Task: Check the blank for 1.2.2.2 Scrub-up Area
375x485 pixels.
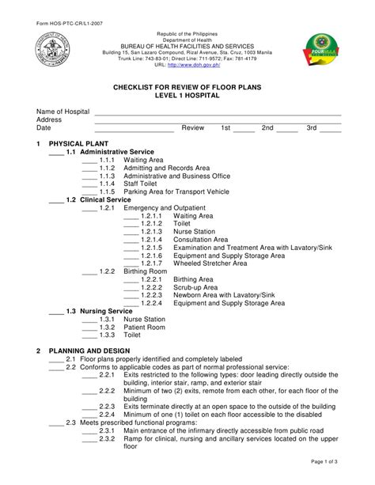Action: click(x=131, y=288)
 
